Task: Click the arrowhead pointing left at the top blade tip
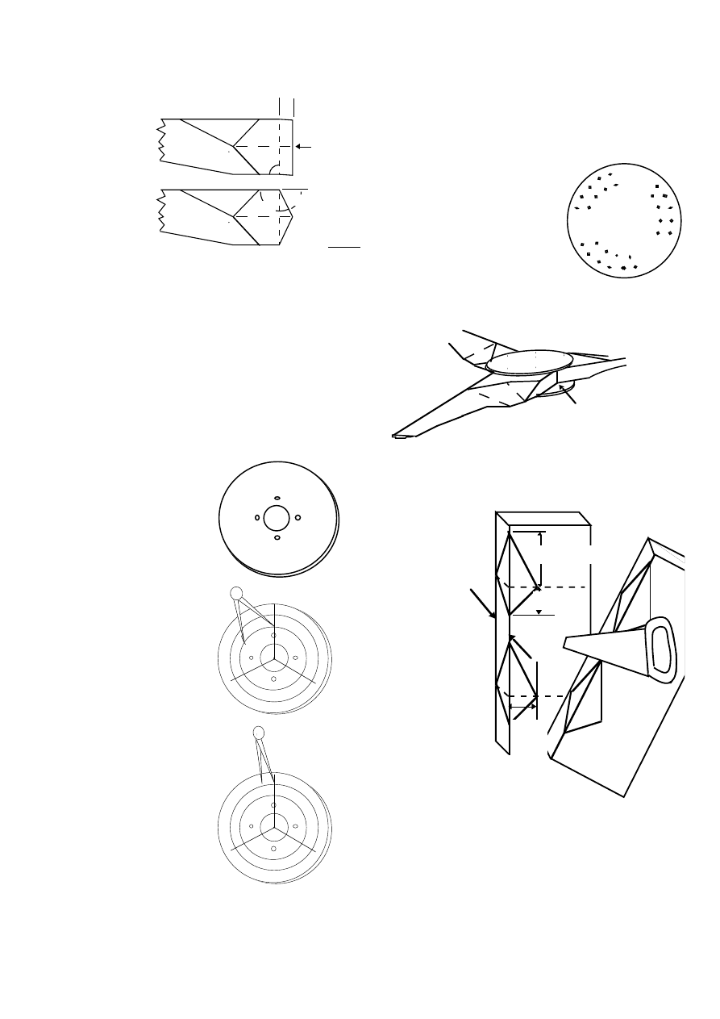pos(298,147)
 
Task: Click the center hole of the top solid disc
pos(277,518)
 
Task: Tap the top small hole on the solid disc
pos(277,498)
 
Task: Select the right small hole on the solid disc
pos(298,517)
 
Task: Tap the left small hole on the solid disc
pos(256,517)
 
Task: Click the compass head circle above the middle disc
pos(236,593)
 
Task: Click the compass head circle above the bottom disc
pos(259,732)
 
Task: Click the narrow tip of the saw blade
pos(566,643)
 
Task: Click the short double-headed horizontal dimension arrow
pos(523,708)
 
